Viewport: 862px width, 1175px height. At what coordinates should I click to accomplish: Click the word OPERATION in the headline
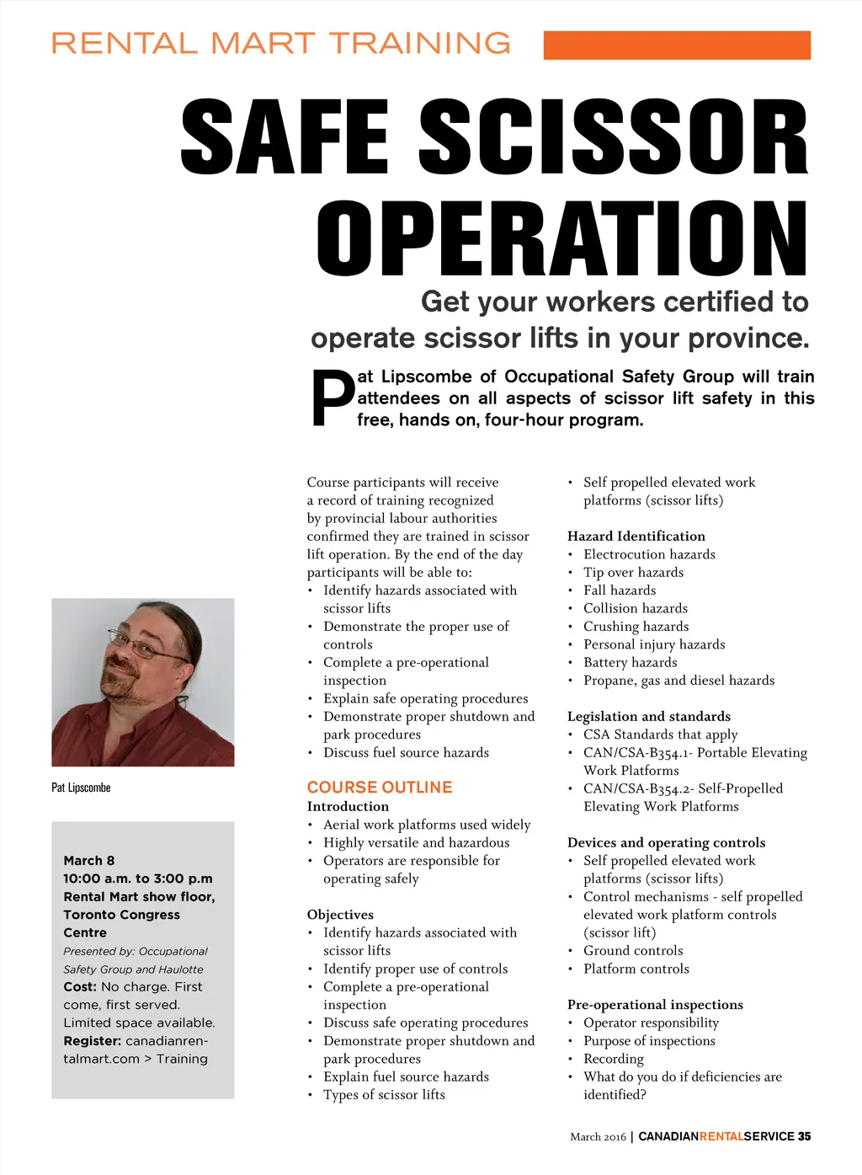click(x=561, y=239)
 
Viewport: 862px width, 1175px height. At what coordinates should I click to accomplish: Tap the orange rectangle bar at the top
click(x=677, y=45)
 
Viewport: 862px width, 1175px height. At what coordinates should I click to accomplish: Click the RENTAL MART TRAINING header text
click(x=281, y=43)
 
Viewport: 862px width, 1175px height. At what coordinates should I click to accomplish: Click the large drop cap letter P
click(x=333, y=399)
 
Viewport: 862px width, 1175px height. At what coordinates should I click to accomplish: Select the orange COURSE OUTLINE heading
click(x=380, y=788)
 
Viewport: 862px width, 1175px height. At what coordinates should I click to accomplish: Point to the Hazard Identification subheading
click(x=636, y=536)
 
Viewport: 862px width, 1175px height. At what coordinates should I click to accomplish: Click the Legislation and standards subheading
click(x=649, y=716)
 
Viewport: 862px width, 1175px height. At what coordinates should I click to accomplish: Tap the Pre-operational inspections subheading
click(x=655, y=1004)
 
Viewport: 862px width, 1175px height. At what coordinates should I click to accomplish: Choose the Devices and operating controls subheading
click(x=666, y=842)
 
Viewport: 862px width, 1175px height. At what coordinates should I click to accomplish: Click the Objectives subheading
click(x=340, y=915)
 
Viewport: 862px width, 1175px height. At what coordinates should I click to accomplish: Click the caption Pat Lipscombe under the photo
click(x=81, y=788)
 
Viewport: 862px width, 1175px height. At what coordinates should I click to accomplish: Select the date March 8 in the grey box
click(x=89, y=861)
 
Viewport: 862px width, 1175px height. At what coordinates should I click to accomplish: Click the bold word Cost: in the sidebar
click(x=80, y=986)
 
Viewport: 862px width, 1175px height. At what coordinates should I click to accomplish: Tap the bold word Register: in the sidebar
click(x=93, y=1041)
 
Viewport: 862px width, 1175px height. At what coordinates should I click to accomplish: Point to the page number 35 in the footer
click(x=805, y=1136)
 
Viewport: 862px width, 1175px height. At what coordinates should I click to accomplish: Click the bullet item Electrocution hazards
click(x=649, y=554)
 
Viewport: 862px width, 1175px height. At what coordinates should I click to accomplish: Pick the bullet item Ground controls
click(x=633, y=951)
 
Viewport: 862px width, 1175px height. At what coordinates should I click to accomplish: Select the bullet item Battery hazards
click(x=630, y=662)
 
